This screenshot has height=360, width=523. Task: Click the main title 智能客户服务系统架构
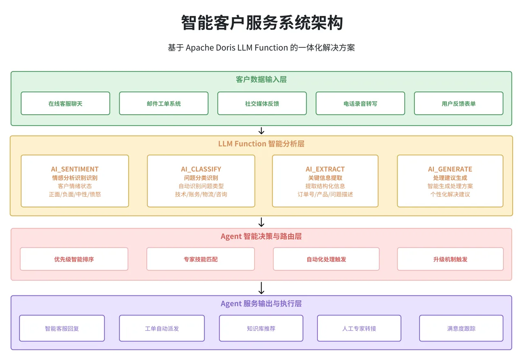click(261, 23)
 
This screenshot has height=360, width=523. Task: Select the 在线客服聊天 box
click(65, 103)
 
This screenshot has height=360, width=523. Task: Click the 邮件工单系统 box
click(163, 103)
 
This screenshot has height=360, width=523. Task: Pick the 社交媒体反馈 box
click(262, 103)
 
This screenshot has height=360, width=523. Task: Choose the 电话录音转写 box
click(360, 103)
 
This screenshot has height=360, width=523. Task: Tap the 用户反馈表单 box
click(458, 103)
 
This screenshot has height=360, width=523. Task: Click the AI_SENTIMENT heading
click(75, 169)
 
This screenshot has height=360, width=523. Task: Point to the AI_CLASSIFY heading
click(201, 169)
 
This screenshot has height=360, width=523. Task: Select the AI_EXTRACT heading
click(325, 169)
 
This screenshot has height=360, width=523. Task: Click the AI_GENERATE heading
click(450, 169)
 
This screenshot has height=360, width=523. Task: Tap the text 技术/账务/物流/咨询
click(201, 195)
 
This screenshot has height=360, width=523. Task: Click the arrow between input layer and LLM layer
click(261, 131)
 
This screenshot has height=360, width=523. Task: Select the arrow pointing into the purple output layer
click(261, 288)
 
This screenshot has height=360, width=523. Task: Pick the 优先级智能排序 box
click(74, 259)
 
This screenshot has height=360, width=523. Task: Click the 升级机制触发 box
click(450, 259)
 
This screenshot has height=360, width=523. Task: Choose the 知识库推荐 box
click(261, 328)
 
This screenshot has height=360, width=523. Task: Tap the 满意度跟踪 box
click(461, 328)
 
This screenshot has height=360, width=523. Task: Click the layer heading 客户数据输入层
click(261, 80)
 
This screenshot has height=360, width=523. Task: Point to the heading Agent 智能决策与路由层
click(261, 237)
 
